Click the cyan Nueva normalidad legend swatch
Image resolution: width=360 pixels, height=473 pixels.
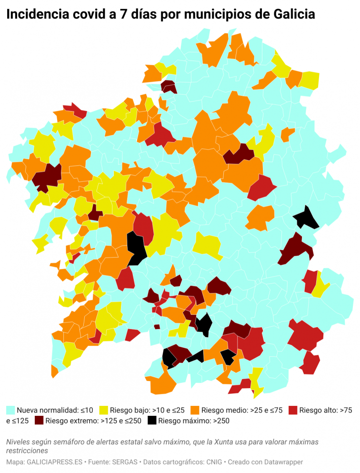coord(10,410)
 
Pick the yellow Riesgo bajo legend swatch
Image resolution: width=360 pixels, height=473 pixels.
coord(103,410)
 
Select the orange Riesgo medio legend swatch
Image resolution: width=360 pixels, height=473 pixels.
coord(195,410)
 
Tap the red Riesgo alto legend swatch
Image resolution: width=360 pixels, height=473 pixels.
coord(293,410)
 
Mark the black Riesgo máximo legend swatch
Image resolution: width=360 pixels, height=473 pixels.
coord(152,421)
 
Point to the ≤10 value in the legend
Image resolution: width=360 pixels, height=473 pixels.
coord(86,410)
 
